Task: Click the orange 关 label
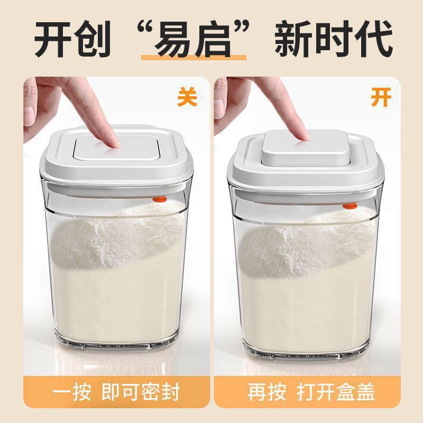[187, 97]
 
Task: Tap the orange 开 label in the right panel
[381, 97]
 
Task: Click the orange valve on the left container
[160, 199]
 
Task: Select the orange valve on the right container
[350, 206]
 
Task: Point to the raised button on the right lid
[306, 148]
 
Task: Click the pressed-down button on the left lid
[116, 148]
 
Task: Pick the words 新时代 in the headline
[334, 39]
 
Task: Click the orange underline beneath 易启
[194, 58]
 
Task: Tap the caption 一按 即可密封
[116, 391]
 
